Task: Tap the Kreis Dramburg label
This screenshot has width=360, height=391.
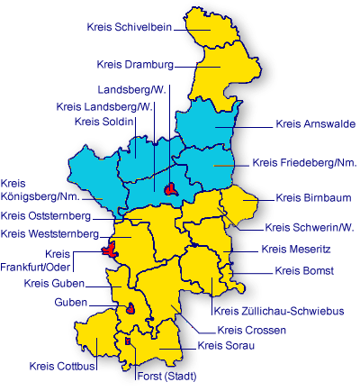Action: [135, 64]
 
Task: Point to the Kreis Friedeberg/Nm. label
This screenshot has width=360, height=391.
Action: [304, 163]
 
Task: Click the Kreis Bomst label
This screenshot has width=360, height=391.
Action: [305, 270]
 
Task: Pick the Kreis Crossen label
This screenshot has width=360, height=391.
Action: [251, 330]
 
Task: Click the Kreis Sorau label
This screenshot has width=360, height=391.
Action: [226, 345]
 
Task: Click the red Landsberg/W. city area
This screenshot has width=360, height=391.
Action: [170, 188]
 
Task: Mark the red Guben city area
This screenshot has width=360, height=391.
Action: [131, 310]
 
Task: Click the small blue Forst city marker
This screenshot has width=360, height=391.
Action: [128, 341]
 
